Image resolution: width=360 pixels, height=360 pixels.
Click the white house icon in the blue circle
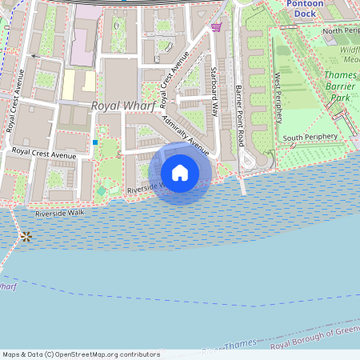(180, 172)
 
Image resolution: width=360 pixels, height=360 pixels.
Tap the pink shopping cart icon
(216, 27)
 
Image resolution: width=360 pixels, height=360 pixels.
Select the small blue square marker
(95, 142)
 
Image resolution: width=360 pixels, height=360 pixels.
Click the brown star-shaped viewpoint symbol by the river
(26, 236)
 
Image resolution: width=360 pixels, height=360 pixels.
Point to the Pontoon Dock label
(308, 9)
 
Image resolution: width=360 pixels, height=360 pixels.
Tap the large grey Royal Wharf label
(122, 106)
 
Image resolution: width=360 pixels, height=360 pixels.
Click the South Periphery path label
(312, 138)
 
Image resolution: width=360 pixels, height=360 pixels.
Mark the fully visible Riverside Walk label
(59, 213)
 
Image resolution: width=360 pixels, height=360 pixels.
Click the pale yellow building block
(78, 85)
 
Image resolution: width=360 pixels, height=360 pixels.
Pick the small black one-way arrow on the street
(34, 57)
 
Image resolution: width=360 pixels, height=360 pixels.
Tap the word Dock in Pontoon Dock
(307, 14)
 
